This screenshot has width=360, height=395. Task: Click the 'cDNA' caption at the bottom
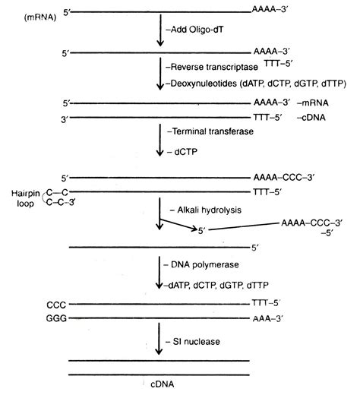[x=159, y=387]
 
